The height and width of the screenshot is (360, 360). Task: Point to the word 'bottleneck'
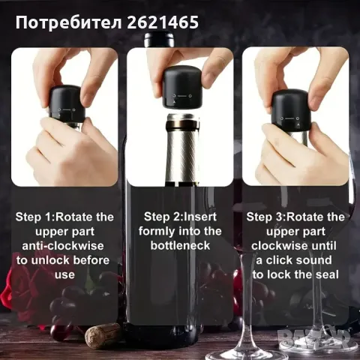click(180, 245)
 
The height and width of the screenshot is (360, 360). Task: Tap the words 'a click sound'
click(295, 259)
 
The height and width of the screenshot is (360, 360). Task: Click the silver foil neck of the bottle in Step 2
click(180, 146)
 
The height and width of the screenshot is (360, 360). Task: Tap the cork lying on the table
click(103, 334)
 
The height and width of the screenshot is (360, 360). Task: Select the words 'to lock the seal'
click(295, 274)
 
